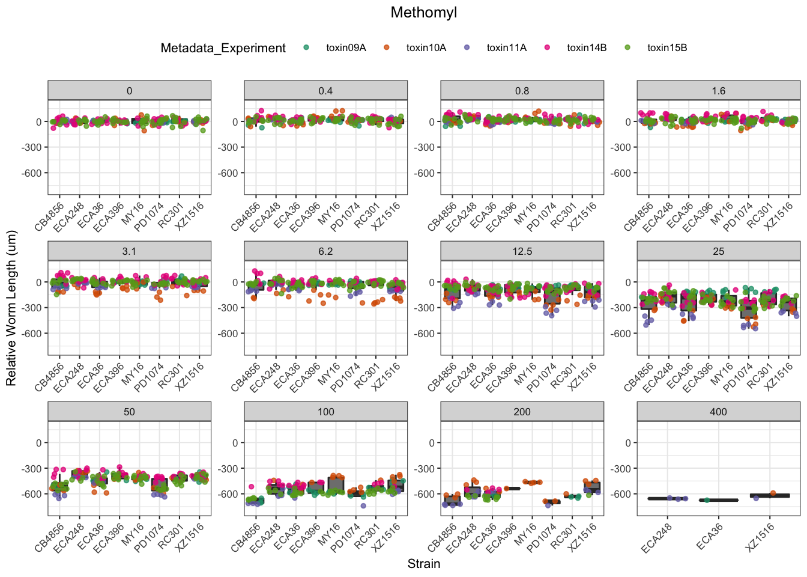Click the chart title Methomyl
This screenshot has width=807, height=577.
[x=423, y=13]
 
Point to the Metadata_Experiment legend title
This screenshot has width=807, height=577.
[x=223, y=48]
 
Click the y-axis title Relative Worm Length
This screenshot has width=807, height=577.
[x=11, y=308]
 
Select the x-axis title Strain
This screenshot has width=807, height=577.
[x=424, y=564]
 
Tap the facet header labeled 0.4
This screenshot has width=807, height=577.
[x=325, y=91]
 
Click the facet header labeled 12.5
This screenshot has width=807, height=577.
[x=522, y=251]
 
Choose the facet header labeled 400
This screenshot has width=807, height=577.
[x=718, y=412]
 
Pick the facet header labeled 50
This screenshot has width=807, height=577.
[x=129, y=412]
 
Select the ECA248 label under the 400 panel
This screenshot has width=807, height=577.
[x=656, y=536]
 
